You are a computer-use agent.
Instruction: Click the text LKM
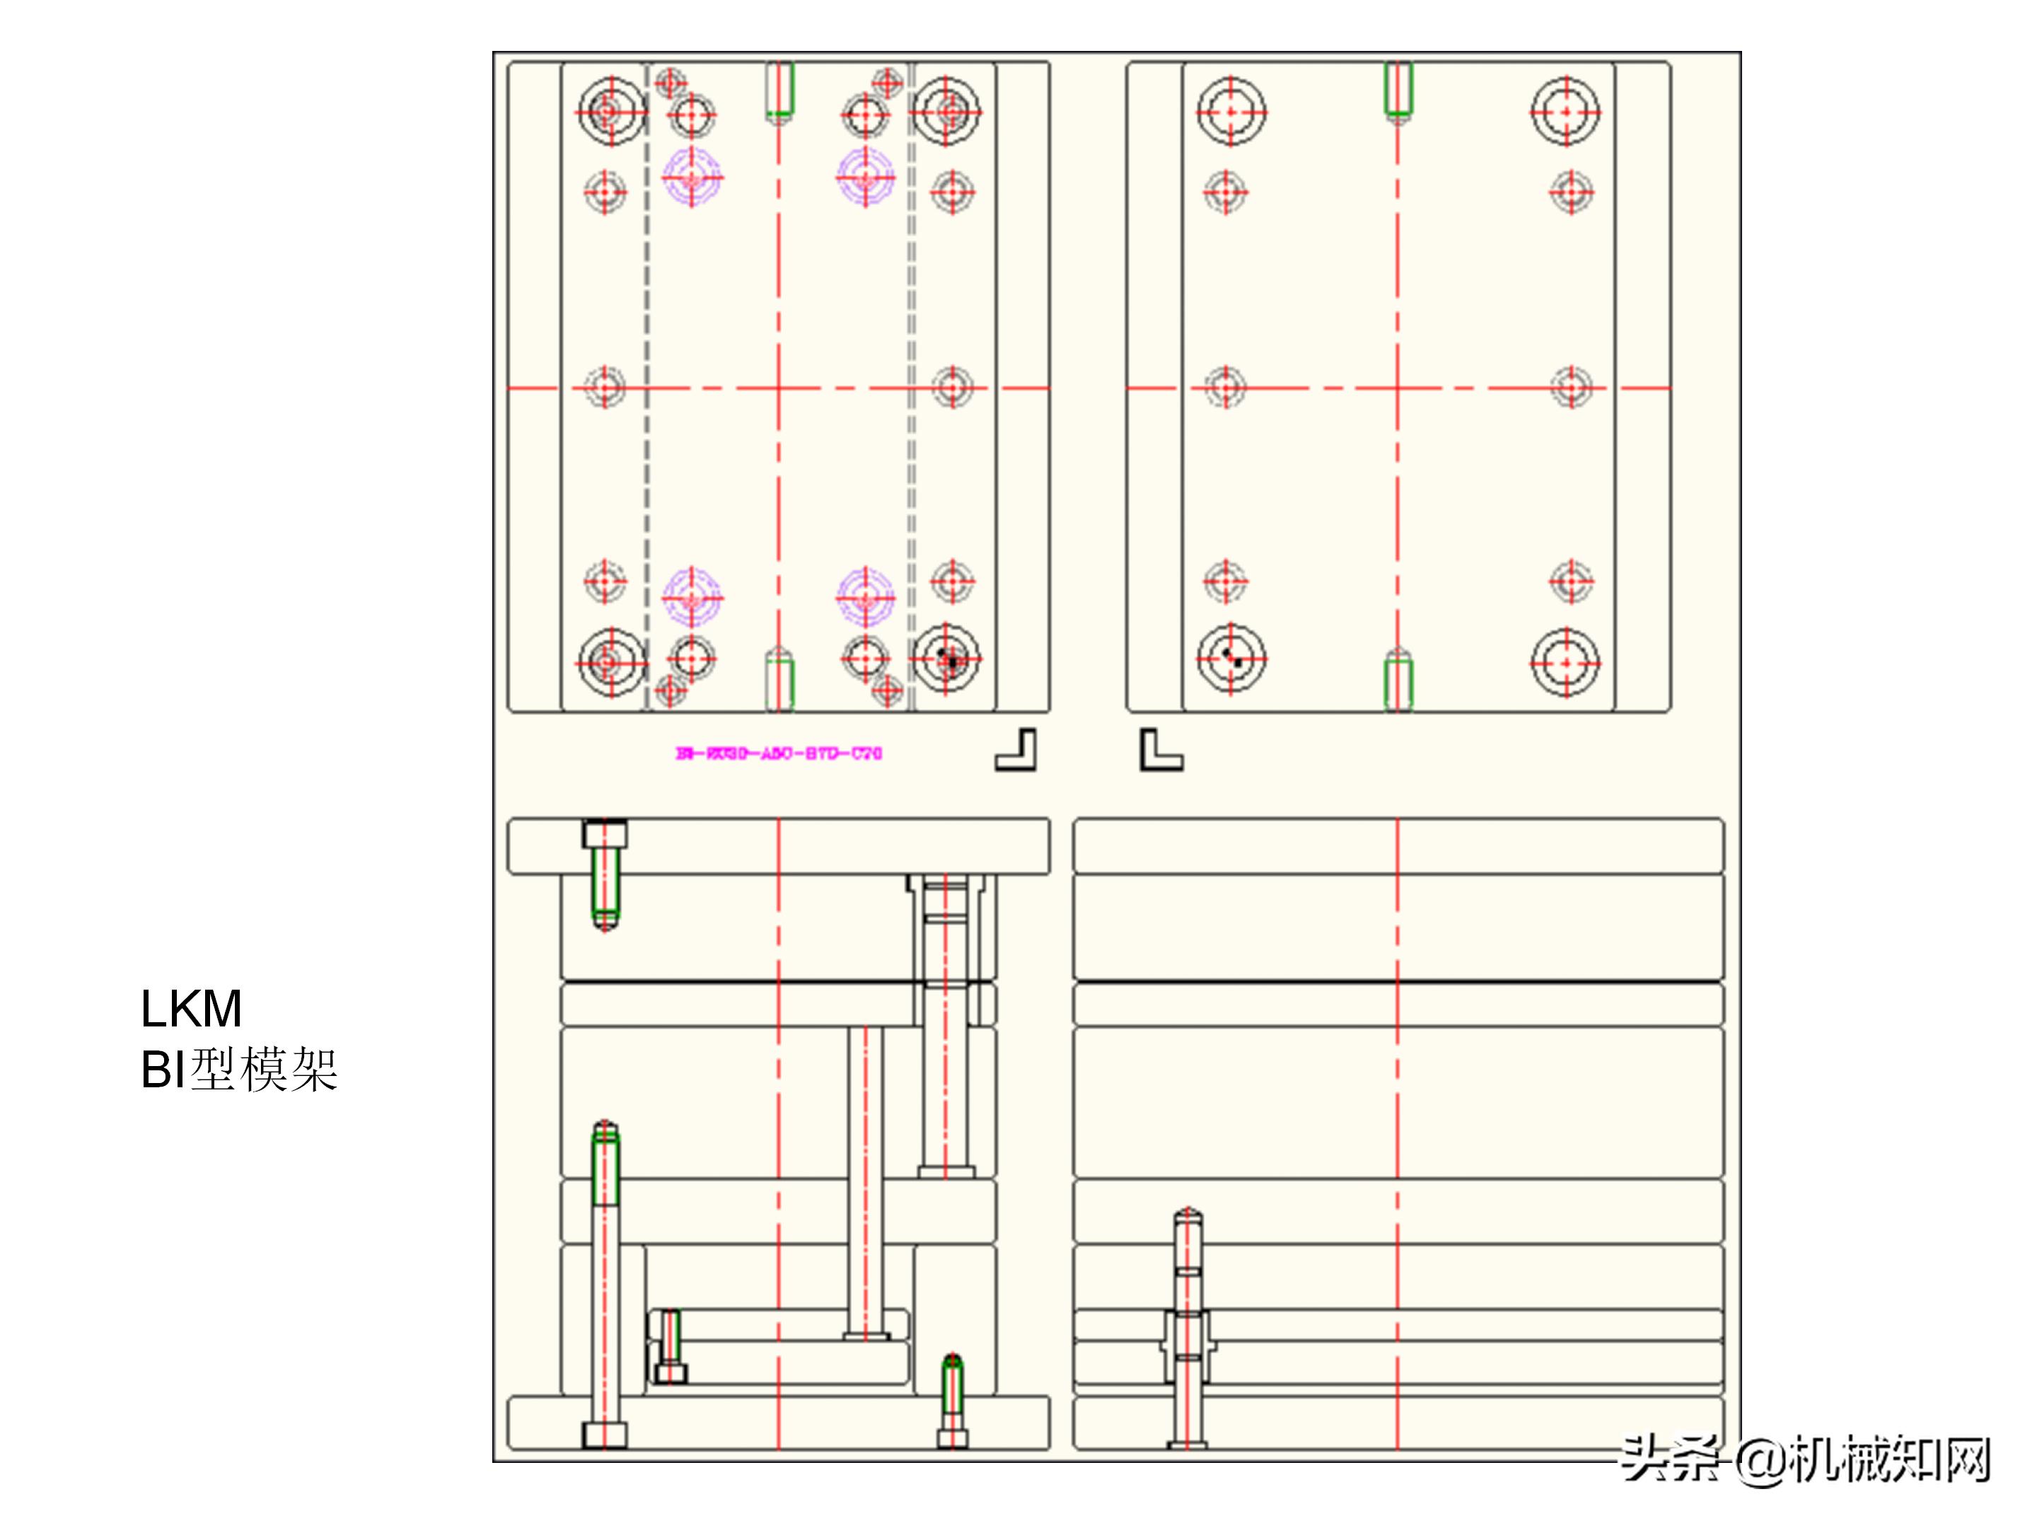192,1009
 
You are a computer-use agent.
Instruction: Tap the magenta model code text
779,753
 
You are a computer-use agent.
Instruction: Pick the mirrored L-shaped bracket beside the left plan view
1016,750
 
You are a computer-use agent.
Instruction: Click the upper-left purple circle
692,176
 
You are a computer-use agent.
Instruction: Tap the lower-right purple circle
865,597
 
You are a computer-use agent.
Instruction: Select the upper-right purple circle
865,176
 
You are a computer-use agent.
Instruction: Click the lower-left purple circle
692,597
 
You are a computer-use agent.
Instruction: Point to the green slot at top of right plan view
1398,89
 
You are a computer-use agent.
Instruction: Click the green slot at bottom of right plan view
1398,681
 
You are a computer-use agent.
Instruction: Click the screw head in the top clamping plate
605,835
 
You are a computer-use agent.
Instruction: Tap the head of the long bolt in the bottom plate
605,1434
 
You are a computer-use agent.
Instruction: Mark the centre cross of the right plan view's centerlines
1397,388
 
